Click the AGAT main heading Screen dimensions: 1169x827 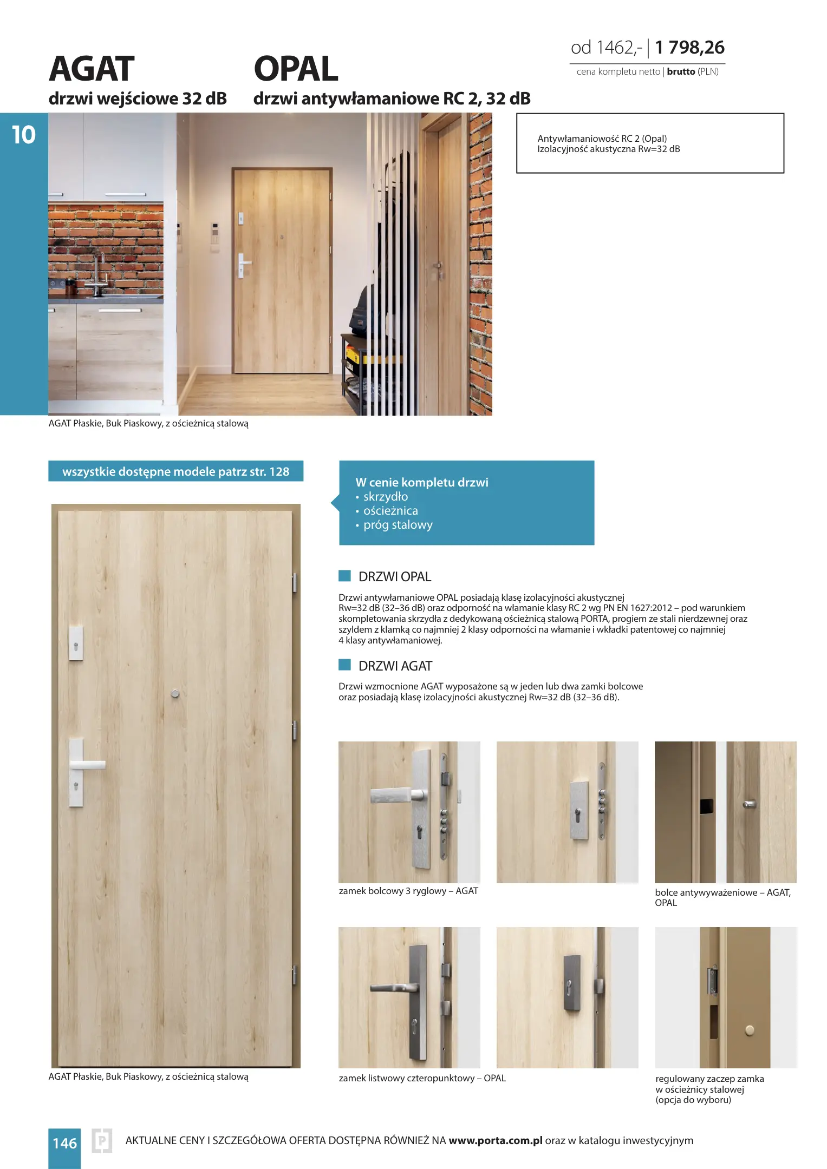92,69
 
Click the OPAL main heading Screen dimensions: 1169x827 296,69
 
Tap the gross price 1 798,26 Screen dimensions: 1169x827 689,48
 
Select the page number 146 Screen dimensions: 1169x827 64,1143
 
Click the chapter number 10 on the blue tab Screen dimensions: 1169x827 24,135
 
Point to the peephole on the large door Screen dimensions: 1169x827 175,693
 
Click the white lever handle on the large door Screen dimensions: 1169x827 87,765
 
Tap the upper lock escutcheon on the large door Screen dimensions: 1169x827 76,644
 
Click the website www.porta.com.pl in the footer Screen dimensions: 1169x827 495,1140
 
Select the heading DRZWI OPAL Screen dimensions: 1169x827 394,577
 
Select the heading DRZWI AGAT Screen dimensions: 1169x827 395,666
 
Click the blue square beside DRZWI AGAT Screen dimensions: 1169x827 344,665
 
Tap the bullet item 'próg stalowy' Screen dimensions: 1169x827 398,525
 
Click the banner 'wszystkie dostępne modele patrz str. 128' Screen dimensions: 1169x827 175,471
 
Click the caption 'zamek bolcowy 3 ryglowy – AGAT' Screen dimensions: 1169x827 408,891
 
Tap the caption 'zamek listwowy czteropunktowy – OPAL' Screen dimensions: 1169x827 422,1078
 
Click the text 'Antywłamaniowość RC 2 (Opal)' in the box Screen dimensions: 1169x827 602,139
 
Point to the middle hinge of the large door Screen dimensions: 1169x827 295,730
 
